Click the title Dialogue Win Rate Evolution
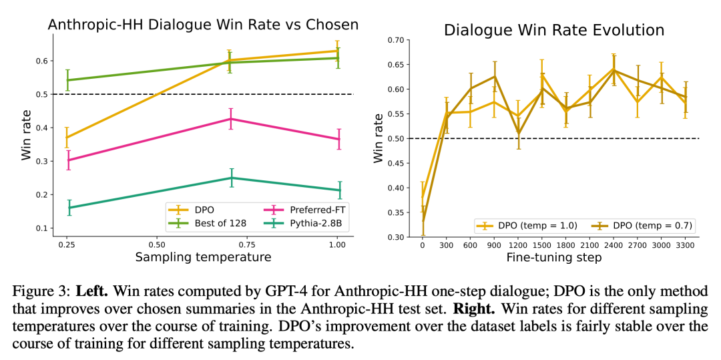click(554, 30)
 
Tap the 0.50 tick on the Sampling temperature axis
click(158, 244)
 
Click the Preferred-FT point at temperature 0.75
click(231, 119)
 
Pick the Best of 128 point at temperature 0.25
click(67, 80)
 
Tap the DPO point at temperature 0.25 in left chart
click(67, 138)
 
